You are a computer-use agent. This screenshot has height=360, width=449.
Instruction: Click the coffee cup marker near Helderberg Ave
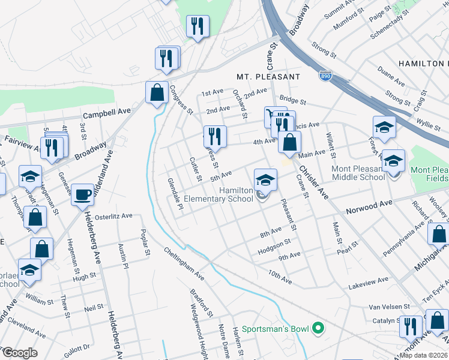pos(82,194)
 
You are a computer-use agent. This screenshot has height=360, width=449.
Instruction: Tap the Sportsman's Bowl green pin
pos(319,329)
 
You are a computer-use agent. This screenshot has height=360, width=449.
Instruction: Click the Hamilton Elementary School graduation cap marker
pos(265,179)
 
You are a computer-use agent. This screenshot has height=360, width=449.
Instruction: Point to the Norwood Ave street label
pos(369,208)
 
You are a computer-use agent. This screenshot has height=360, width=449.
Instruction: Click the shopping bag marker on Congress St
pos(157,92)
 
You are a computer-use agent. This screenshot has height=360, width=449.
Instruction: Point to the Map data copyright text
pos(423,355)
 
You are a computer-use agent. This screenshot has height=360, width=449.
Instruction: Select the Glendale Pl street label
pos(175,193)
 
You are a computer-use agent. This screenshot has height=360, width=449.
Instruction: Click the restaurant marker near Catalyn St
pos(411,326)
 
